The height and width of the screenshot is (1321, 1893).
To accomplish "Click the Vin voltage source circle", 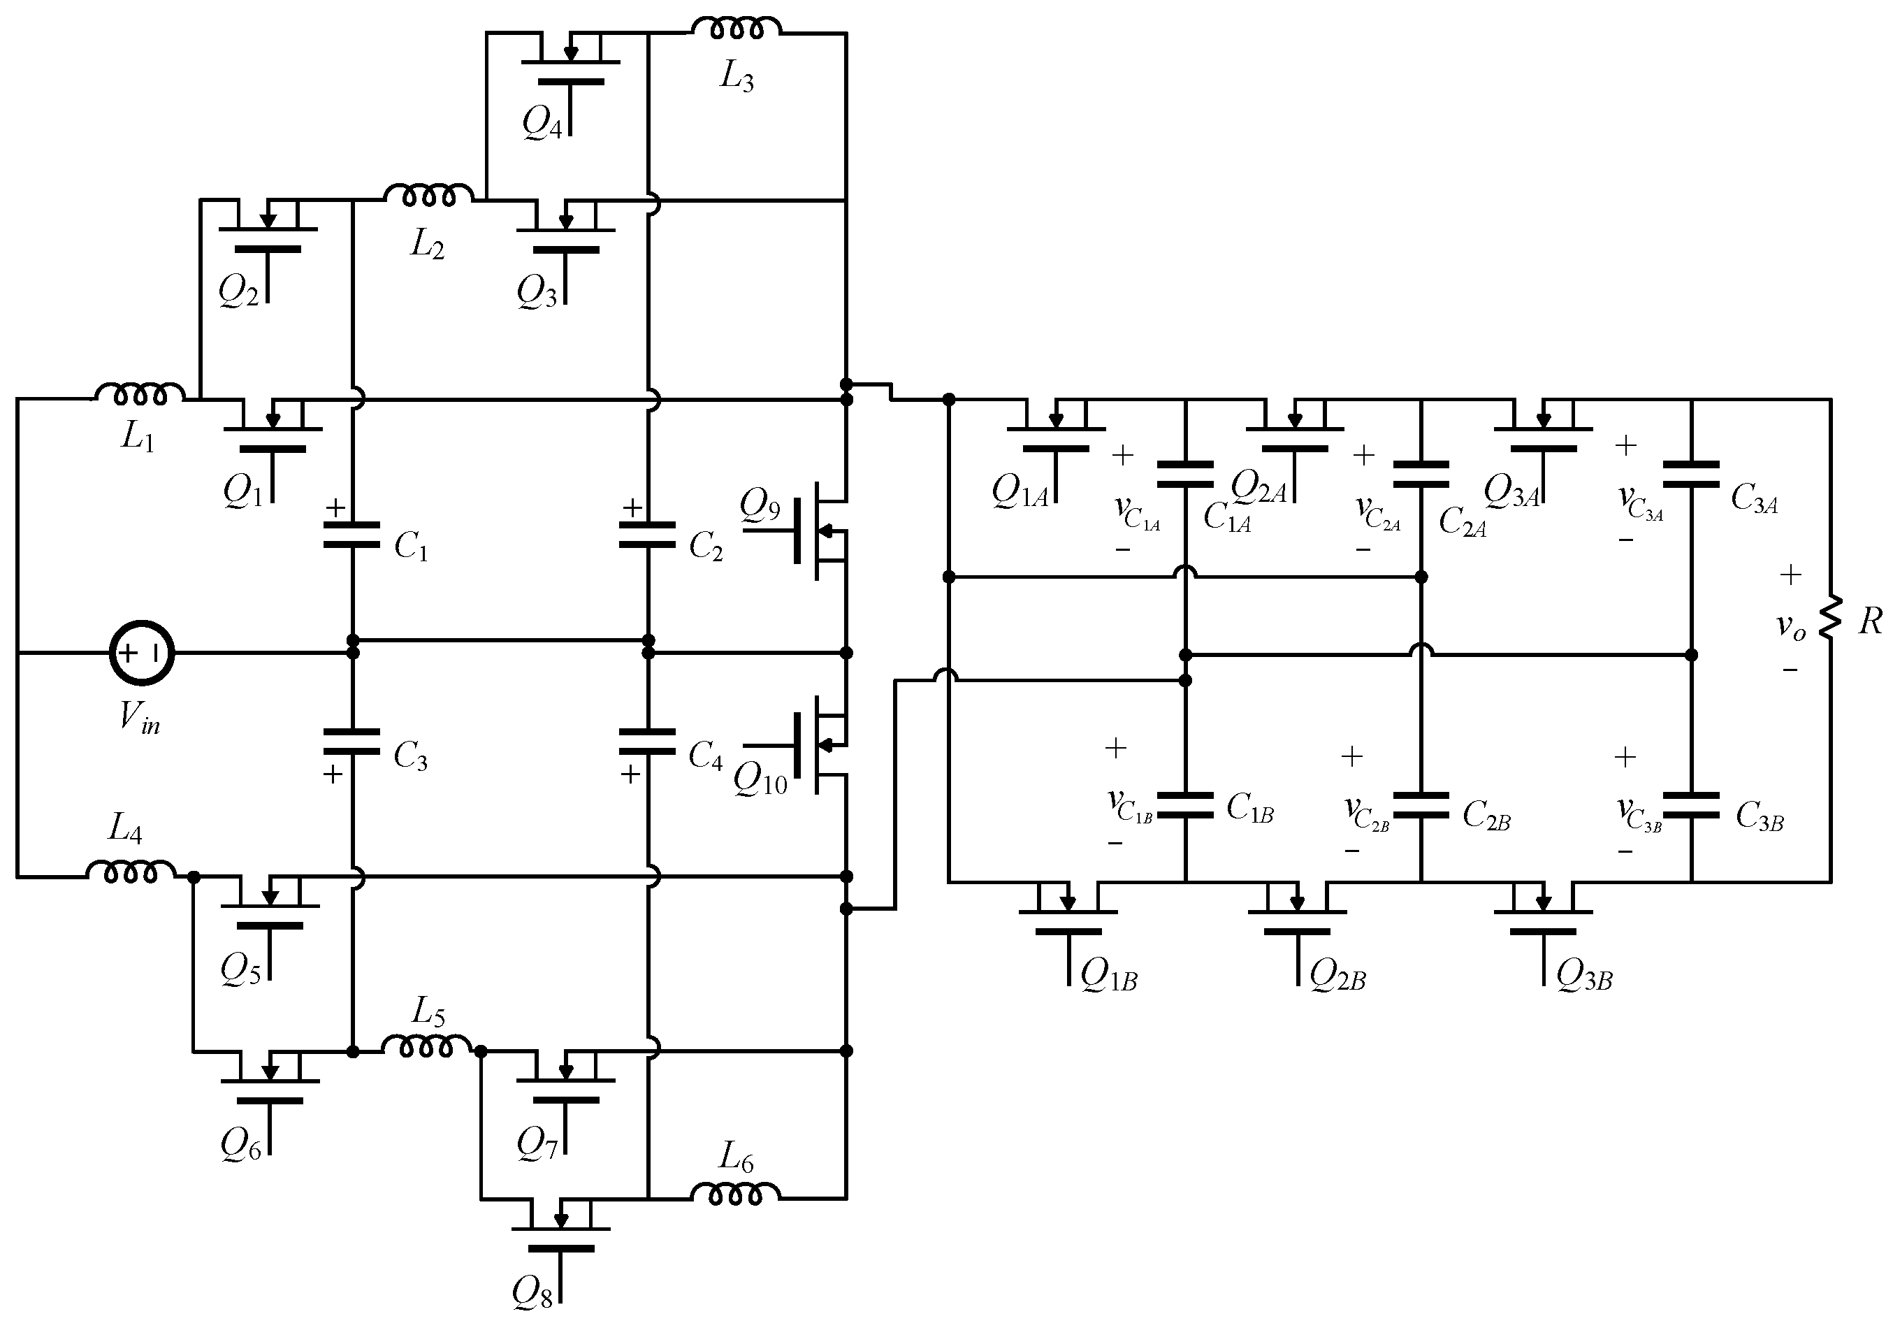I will (142, 653).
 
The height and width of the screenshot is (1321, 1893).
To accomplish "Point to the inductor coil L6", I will (734, 1194).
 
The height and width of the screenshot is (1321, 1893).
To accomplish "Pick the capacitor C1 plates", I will (352, 534).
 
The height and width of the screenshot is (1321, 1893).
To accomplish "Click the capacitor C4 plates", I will (648, 742).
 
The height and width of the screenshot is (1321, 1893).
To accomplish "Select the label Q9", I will (760, 505).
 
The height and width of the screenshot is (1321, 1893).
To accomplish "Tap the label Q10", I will (761, 779).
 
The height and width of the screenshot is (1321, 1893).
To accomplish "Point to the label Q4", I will (542, 125).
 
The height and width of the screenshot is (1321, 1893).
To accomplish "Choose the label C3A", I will (1754, 499).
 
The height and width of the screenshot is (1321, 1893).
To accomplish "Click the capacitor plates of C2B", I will (1421, 806).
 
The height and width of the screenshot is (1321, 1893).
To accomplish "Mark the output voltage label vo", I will (1791, 627).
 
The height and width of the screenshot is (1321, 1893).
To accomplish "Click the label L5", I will (429, 1012).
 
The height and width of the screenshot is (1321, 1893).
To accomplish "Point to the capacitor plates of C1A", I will (1186, 475).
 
